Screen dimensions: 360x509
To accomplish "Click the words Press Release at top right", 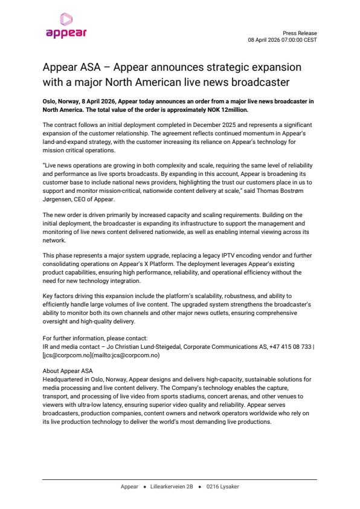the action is pos(300,33).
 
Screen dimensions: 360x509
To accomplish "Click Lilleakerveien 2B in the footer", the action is pos(172,487).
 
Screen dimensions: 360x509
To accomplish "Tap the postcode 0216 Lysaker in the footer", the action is pos(222,487).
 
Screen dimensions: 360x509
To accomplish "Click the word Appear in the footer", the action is pos(129,487).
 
